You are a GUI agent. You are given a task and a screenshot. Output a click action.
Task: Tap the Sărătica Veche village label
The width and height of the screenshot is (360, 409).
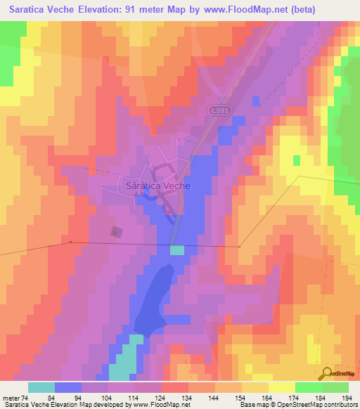(x=157, y=187)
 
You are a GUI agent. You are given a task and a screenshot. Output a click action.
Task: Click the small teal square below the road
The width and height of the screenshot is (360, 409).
(x=177, y=250)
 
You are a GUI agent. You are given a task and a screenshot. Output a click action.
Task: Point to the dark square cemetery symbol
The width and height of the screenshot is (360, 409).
(x=117, y=233)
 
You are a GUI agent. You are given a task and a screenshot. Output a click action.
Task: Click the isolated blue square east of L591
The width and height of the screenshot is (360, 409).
(x=255, y=100)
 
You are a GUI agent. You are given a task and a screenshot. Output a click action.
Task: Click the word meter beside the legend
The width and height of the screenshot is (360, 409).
(x=11, y=398)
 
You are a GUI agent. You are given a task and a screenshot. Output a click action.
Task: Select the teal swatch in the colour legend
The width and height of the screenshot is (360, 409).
(x=41, y=387)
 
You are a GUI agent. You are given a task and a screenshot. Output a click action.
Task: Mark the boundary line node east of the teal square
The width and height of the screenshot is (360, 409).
(x=240, y=247)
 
